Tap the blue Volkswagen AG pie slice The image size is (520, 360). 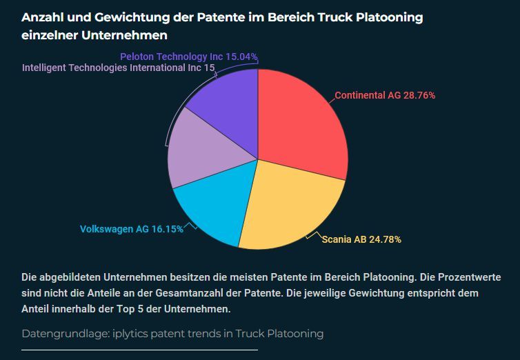pos(210,207)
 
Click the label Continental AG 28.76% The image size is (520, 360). pos(385,96)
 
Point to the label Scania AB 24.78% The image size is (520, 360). pos(361,239)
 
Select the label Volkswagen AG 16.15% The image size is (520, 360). pos(131,229)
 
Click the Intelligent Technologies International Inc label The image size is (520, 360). pos(118,68)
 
